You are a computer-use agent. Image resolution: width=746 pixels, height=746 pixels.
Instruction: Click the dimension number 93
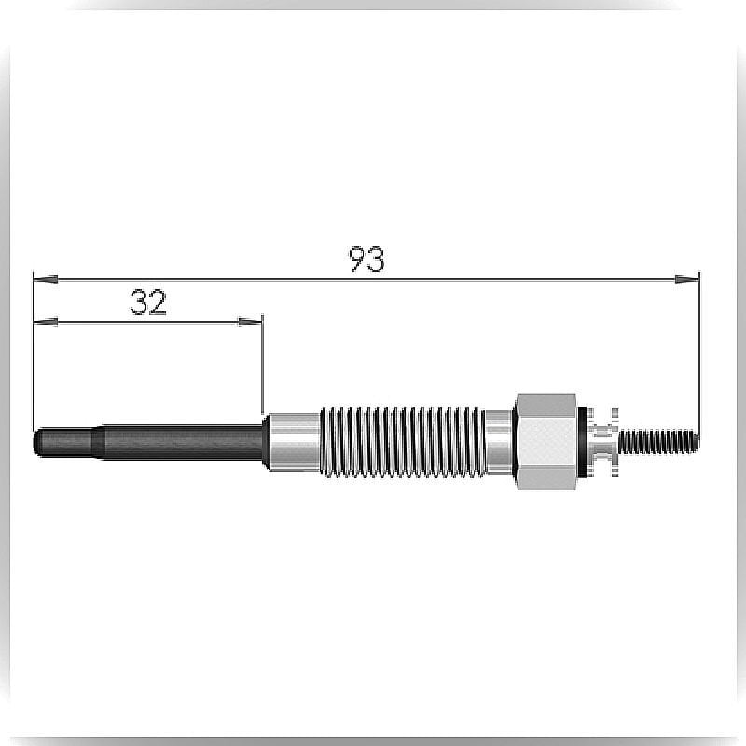[x=366, y=259]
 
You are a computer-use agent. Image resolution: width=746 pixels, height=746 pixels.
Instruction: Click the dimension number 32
[x=148, y=302]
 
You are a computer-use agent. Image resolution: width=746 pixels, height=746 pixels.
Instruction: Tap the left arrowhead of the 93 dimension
[x=46, y=279]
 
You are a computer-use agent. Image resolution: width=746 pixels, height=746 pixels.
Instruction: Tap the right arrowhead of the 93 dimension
[x=687, y=279]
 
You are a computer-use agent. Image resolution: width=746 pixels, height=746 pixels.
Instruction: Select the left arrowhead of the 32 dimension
[x=46, y=322]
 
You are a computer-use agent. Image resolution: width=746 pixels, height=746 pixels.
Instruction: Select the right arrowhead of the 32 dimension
[x=250, y=322]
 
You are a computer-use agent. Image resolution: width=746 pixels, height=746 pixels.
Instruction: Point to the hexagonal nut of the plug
[x=546, y=442]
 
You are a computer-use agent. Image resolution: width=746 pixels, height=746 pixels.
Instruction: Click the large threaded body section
[x=403, y=442]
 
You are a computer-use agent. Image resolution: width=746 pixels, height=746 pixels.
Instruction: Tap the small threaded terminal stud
[x=659, y=442]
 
